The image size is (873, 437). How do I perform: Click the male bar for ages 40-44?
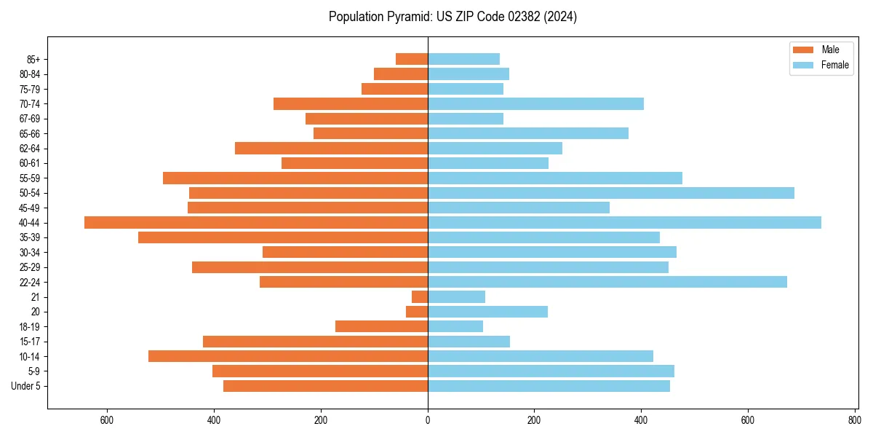coord(256,223)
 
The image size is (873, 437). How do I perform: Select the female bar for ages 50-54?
coord(610,193)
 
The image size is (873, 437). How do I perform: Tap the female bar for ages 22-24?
coord(607,282)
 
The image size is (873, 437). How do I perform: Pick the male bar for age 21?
coord(420,297)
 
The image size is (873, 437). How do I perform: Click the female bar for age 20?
coord(487,312)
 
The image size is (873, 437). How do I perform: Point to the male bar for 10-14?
coord(288,356)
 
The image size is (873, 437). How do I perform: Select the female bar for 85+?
coord(463,59)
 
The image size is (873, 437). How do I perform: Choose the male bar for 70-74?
coord(351,104)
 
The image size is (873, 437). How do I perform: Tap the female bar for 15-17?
coord(469,342)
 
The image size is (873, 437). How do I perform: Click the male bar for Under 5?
coord(325,386)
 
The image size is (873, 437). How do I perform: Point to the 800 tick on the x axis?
coord(854,420)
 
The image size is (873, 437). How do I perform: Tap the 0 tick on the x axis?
coord(428,420)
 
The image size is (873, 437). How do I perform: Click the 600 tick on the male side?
coord(107,420)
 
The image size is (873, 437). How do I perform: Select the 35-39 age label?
coord(30,237)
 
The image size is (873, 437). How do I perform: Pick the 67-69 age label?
coord(30,119)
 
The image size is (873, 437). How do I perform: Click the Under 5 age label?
coord(25,386)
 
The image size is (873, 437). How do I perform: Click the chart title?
coord(453,17)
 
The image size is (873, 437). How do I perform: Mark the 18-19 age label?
coord(30,327)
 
